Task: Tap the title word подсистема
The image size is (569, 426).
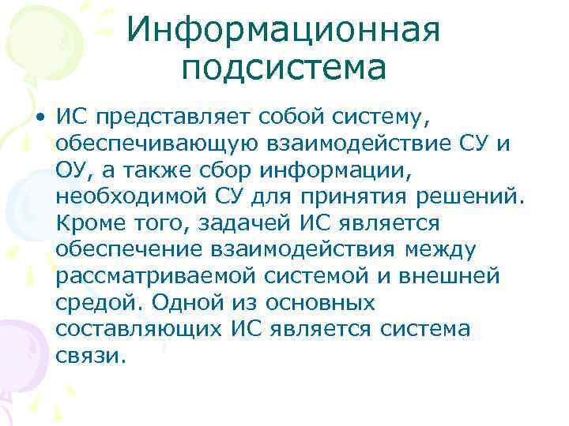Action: pyautogui.click(x=283, y=69)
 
